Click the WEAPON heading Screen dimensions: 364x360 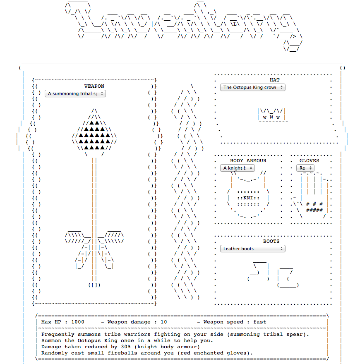click(x=94, y=86)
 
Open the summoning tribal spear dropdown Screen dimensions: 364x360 click(x=75, y=93)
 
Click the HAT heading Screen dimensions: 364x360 click(x=274, y=80)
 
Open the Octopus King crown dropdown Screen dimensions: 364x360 click(x=253, y=87)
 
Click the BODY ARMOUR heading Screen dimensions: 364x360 click(x=248, y=160)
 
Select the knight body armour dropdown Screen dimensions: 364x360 click(x=238, y=168)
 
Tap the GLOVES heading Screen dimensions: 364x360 click(x=310, y=160)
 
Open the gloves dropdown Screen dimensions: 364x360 click(x=305, y=168)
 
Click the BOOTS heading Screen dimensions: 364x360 click(x=271, y=241)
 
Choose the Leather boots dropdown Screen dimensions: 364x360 click(x=253, y=249)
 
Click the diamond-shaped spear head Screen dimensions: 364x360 click(x=94, y=134)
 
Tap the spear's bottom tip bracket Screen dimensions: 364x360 click(x=94, y=285)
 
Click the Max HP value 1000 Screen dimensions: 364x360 click(x=77, y=322)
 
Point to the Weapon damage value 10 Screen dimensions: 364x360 click(x=164, y=322)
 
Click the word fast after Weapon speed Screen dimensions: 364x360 click(x=260, y=322)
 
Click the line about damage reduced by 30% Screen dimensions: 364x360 click(x=120, y=347)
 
